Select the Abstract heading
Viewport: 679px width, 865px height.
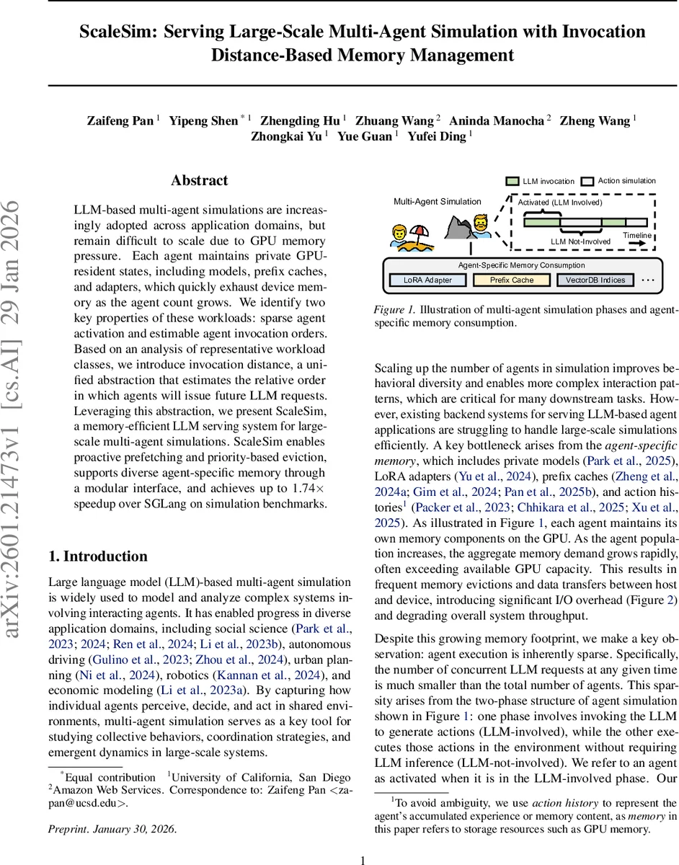pos(200,181)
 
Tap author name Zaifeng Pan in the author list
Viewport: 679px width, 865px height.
pos(120,120)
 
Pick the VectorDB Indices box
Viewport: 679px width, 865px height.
pos(595,280)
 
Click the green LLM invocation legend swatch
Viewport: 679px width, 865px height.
pos(512,181)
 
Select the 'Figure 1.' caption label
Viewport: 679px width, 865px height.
pos(393,309)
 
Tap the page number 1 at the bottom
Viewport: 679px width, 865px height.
pos(363,859)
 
